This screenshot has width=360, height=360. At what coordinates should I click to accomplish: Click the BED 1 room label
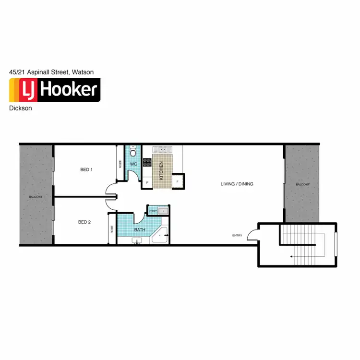[x=86, y=169]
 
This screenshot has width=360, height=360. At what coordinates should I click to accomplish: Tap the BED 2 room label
[x=84, y=222]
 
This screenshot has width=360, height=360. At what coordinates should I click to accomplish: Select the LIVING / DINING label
[x=237, y=184]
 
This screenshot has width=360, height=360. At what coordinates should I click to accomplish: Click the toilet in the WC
[x=133, y=152]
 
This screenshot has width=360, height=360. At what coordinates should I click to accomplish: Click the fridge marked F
[x=178, y=181]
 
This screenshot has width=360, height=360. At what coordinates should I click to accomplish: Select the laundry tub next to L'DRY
[x=164, y=210]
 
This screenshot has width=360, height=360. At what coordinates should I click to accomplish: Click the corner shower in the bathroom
[x=160, y=235]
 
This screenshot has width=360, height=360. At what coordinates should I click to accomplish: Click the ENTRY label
[x=237, y=235]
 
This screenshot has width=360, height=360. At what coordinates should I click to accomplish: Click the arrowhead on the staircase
[x=291, y=257]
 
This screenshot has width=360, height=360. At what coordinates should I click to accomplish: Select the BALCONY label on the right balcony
[x=302, y=184]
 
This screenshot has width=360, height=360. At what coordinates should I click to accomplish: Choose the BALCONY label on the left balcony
[x=36, y=197]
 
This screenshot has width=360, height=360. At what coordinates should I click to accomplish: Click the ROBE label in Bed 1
[x=120, y=163]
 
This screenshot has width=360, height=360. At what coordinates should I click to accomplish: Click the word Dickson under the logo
[x=21, y=108]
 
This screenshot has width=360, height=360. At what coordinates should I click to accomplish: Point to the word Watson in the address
[x=83, y=72]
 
